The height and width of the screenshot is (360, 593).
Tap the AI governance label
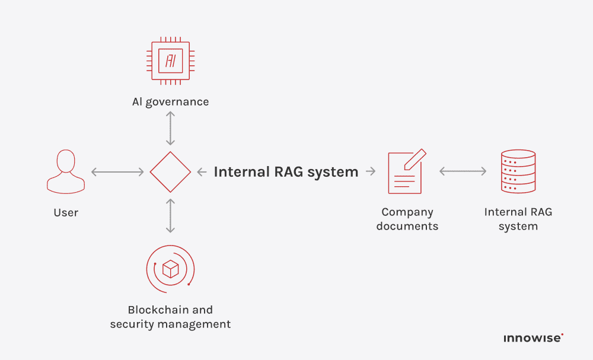click(x=170, y=101)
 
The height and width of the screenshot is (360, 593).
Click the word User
click(x=66, y=212)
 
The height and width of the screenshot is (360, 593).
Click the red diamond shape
click(x=170, y=172)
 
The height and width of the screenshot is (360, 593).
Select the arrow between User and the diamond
click(x=117, y=172)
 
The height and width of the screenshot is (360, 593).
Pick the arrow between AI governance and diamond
click(x=170, y=128)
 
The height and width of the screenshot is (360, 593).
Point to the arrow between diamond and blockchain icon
click(x=170, y=216)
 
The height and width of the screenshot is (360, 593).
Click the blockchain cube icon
click(x=170, y=269)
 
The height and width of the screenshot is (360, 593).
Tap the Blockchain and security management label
click(x=170, y=317)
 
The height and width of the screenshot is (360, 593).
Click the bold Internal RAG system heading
click(x=286, y=172)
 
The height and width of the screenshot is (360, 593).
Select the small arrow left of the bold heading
click(x=202, y=172)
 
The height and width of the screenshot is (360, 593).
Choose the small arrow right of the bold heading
click(x=371, y=172)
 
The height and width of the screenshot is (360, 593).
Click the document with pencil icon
click(x=407, y=171)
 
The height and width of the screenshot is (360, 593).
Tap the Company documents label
click(x=407, y=219)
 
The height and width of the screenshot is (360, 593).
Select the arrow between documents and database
click(x=463, y=171)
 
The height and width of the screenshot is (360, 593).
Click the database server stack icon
click(x=518, y=171)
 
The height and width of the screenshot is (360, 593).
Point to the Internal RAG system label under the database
click(x=518, y=219)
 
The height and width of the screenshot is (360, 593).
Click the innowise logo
click(x=533, y=338)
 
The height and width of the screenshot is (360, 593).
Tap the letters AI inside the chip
click(x=170, y=60)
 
